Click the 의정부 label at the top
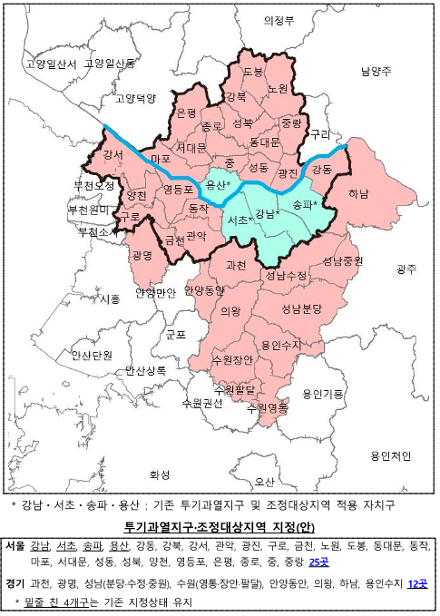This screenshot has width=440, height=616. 279,20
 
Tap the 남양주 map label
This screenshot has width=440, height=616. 375,71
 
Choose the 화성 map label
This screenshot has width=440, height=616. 160,474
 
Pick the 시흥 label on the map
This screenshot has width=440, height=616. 111,298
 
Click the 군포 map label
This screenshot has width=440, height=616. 175,334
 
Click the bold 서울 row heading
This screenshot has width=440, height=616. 15,545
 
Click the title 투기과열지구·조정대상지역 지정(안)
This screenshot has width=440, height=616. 220,527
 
